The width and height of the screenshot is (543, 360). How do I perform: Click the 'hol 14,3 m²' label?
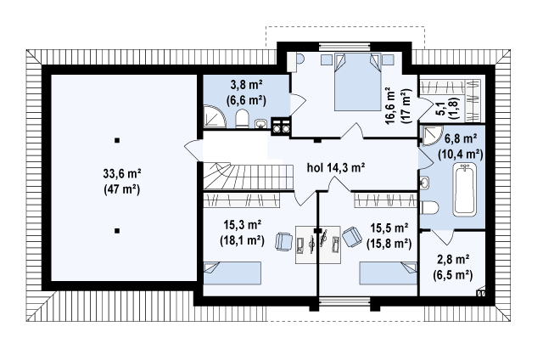[x=336, y=168]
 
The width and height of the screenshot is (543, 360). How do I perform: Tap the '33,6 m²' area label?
[x=122, y=173]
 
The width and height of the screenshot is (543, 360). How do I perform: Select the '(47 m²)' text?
[x=122, y=189]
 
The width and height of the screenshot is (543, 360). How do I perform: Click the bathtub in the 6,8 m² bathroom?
[x=465, y=189]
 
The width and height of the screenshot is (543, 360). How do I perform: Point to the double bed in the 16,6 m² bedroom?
[x=356, y=82]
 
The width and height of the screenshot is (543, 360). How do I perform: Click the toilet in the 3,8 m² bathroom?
[x=242, y=119]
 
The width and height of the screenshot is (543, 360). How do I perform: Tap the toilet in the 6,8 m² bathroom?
[x=429, y=208]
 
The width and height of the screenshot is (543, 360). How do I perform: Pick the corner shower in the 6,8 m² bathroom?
[x=432, y=136]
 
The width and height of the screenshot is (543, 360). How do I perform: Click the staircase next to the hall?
[x=249, y=177]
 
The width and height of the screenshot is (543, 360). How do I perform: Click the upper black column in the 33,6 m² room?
[x=117, y=140]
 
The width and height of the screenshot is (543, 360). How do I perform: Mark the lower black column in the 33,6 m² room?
[x=117, y=230]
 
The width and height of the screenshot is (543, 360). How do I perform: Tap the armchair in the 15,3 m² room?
[x=284, y=241]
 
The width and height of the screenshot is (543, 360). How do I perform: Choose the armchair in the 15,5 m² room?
[x=352, y=237]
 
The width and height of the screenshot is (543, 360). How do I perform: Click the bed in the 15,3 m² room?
[x=232, y=273]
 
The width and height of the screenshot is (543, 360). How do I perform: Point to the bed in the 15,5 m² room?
[x=389, y=273]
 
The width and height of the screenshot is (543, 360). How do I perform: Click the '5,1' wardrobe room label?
[x=440, y=107]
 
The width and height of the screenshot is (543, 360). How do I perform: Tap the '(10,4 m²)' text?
[x=460, y=154]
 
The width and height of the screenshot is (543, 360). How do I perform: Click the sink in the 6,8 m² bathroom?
[x=425, y=183]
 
